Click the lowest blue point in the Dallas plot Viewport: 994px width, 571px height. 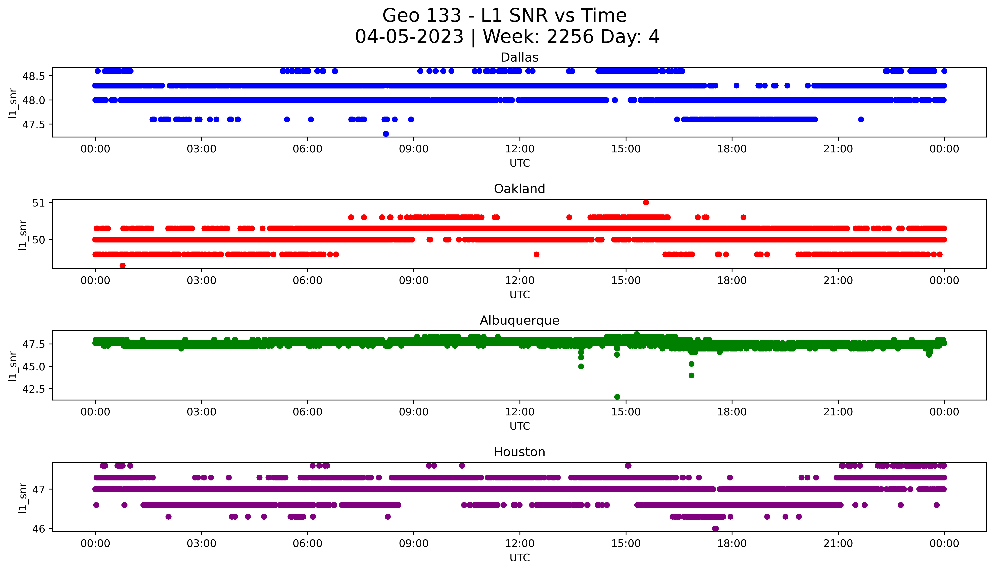pyautogui.click(x=386, y=134)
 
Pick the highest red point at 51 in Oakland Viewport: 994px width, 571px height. pyautogui.click(x=646, y=202)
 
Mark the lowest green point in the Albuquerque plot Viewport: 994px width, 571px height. pyautogui.click(x=617, y=397)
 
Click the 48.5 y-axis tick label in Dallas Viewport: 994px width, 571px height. pyautogui.click(x=34, y=76)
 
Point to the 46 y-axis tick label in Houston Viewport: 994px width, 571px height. pyautogui.click(x=39, y=529)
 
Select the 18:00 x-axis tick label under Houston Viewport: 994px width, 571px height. pyautogui.click(x=732, y=544)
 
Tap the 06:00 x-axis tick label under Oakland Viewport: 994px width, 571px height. pyautogui.click(x=307, y=280)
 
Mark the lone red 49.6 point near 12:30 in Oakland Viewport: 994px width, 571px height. pyautogui.click(x=536, y=255)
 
